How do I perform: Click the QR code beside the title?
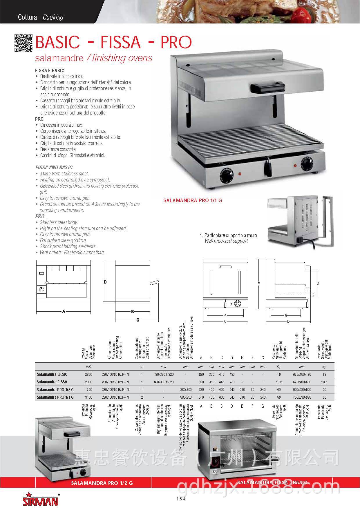(23, 43)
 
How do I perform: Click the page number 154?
(180, 499)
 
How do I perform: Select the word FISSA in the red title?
(120, 42)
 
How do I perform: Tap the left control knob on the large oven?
(225, 175)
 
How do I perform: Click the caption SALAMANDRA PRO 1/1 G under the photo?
(193, 200)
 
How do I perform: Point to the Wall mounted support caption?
(226, 241)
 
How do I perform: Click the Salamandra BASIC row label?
(52, 374)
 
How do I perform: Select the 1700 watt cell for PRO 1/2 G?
(88, 390)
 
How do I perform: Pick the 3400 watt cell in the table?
(88, 397)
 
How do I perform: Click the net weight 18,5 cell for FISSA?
(279, 382)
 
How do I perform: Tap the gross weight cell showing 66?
(324, 397)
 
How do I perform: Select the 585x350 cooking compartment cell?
(186, 397)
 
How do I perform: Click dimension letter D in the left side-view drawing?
(106, 282)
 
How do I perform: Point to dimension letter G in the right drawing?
(318, 284)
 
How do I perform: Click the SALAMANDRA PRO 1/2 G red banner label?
(102, 483)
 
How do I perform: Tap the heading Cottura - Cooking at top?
(40, 17)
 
